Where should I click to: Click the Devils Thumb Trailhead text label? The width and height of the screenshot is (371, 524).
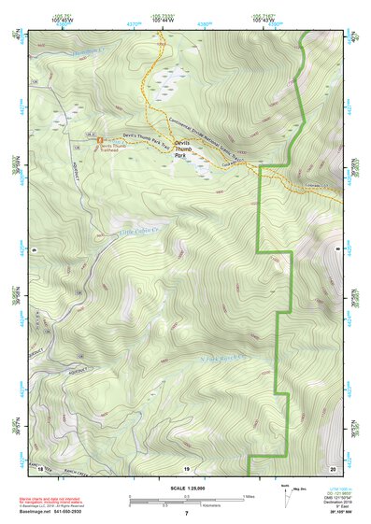(x=110, y=150)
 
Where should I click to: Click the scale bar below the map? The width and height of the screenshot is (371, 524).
(x=186, y=500)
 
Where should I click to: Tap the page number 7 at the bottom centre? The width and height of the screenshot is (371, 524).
(x=186, y=513)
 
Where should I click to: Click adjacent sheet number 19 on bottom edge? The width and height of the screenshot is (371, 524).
(x=186, y=466)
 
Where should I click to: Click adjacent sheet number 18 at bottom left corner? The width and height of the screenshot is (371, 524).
(x=38, y=466)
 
